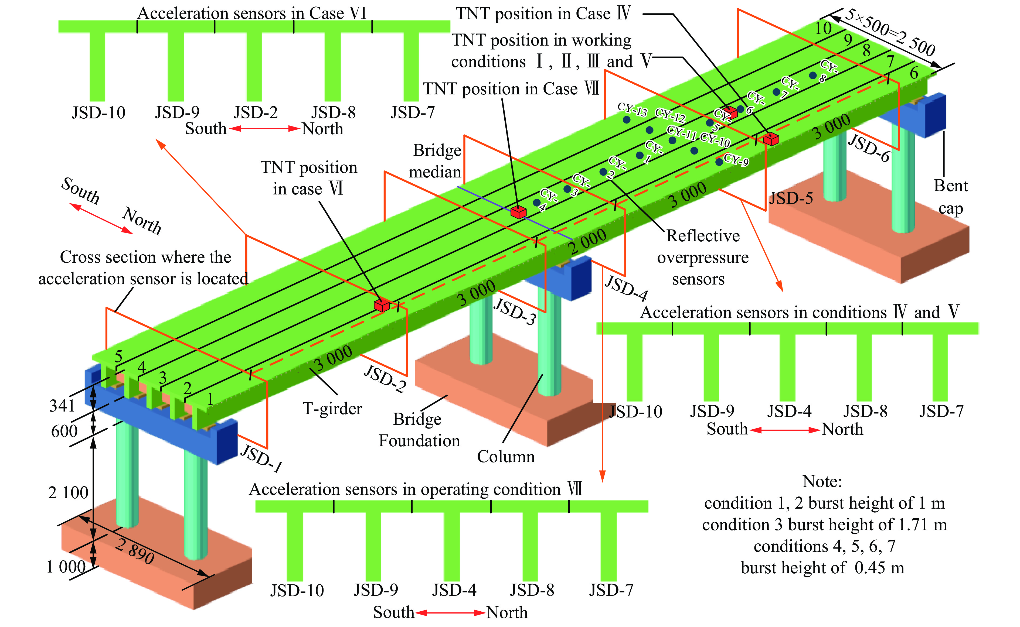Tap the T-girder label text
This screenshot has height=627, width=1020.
click(332, 409)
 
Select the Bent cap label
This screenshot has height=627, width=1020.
click(951, 197)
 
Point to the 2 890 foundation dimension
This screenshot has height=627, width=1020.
click(135, 551)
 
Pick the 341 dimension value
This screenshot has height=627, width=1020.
click(62, 406)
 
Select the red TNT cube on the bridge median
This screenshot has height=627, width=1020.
click(518, 212)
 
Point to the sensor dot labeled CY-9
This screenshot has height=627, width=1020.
click(719, 162)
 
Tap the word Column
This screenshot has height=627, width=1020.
click(506, 457)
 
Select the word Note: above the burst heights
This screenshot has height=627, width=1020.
click(822, 481)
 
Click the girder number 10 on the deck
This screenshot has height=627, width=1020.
click(823, 29)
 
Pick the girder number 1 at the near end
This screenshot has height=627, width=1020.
click(210, 399)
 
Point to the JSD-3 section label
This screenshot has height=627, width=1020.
click(514, 311)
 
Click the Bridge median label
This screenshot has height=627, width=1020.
click(436, 161)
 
